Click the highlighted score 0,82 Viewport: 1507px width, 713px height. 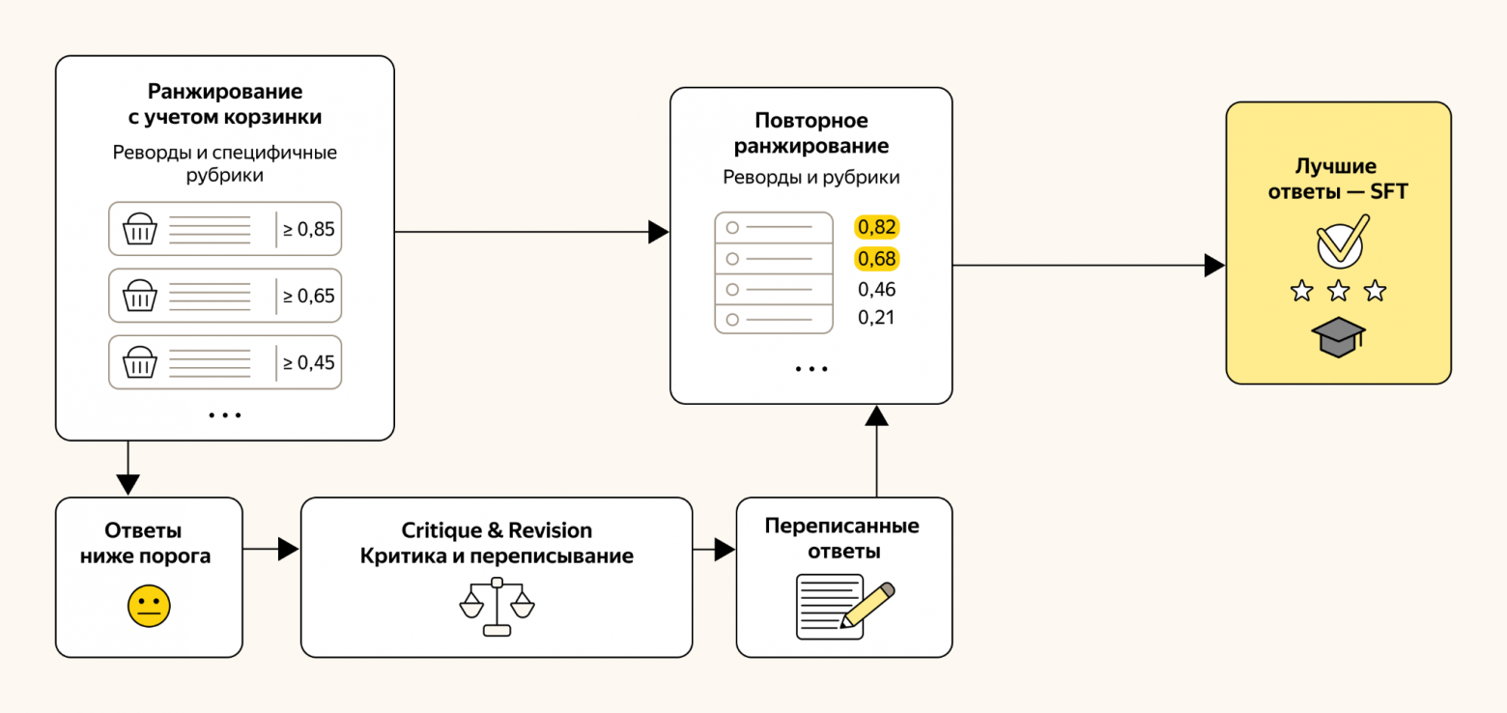[876, 227]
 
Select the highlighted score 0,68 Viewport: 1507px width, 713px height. [876, 259]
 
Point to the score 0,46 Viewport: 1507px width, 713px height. [876, 290]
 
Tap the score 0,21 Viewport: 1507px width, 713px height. [876, 318]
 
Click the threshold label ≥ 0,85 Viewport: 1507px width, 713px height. [309, 229]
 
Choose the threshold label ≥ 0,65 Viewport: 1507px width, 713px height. [309, 296]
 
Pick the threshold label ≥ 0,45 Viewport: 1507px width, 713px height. [309, 362]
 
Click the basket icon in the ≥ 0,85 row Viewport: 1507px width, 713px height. [140, 229]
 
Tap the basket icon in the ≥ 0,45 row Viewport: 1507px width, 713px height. [140, 362]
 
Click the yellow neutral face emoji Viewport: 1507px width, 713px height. [149, 606]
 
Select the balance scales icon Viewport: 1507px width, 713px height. [498, 607]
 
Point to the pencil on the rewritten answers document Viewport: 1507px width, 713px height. [867, 605]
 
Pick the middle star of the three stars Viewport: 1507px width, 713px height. [1338, 291]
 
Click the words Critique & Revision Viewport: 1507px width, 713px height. [497, 530]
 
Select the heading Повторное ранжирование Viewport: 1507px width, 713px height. [811, 132]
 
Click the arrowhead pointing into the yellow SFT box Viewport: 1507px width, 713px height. [1214, 266]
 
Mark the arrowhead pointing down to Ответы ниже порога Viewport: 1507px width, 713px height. [128, 484]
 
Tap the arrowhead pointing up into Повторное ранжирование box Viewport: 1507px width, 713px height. [876, 415]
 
